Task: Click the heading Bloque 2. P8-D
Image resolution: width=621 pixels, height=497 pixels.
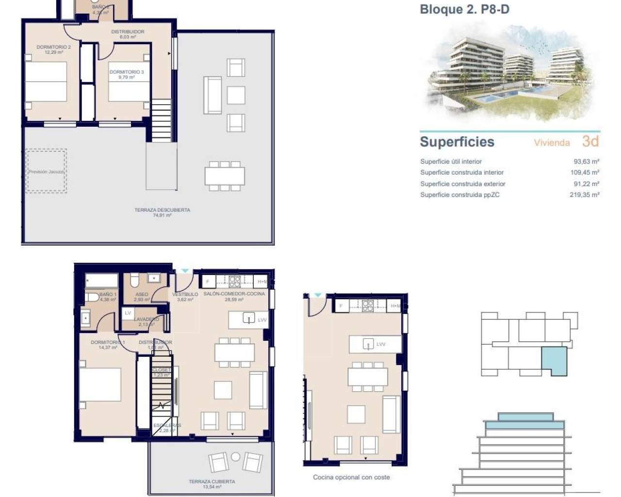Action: point(464,9)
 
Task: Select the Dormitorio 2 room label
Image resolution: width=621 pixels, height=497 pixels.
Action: point(54,50)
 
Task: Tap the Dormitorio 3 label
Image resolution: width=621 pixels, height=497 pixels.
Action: point(126,74)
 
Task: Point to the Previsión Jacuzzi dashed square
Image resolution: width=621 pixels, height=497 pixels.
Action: point(46,171)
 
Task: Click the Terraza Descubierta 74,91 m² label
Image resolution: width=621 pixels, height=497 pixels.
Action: point(162,212)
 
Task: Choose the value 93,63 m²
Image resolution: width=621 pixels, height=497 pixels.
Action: point(586,162)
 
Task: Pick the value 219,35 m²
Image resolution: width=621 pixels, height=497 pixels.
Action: point(584,195)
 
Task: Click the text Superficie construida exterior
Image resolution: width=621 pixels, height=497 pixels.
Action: point(463,184)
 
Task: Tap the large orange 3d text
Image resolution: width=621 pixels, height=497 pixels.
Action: point(590,141)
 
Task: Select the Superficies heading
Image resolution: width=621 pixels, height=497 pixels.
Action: point(457,142)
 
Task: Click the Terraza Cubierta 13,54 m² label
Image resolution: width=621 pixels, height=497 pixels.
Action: point(212,483)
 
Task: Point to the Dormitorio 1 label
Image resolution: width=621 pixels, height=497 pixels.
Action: point(108,345)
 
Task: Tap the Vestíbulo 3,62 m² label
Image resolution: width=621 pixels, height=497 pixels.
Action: point(185,297)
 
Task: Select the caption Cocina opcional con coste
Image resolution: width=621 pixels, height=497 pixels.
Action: point(351,477)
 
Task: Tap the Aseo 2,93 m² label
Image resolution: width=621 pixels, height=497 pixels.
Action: point(142,297)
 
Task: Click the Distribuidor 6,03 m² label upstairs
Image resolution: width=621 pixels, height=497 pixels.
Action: point(128,34)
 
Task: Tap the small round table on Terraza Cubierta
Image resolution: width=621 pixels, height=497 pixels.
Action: point(236,456)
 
